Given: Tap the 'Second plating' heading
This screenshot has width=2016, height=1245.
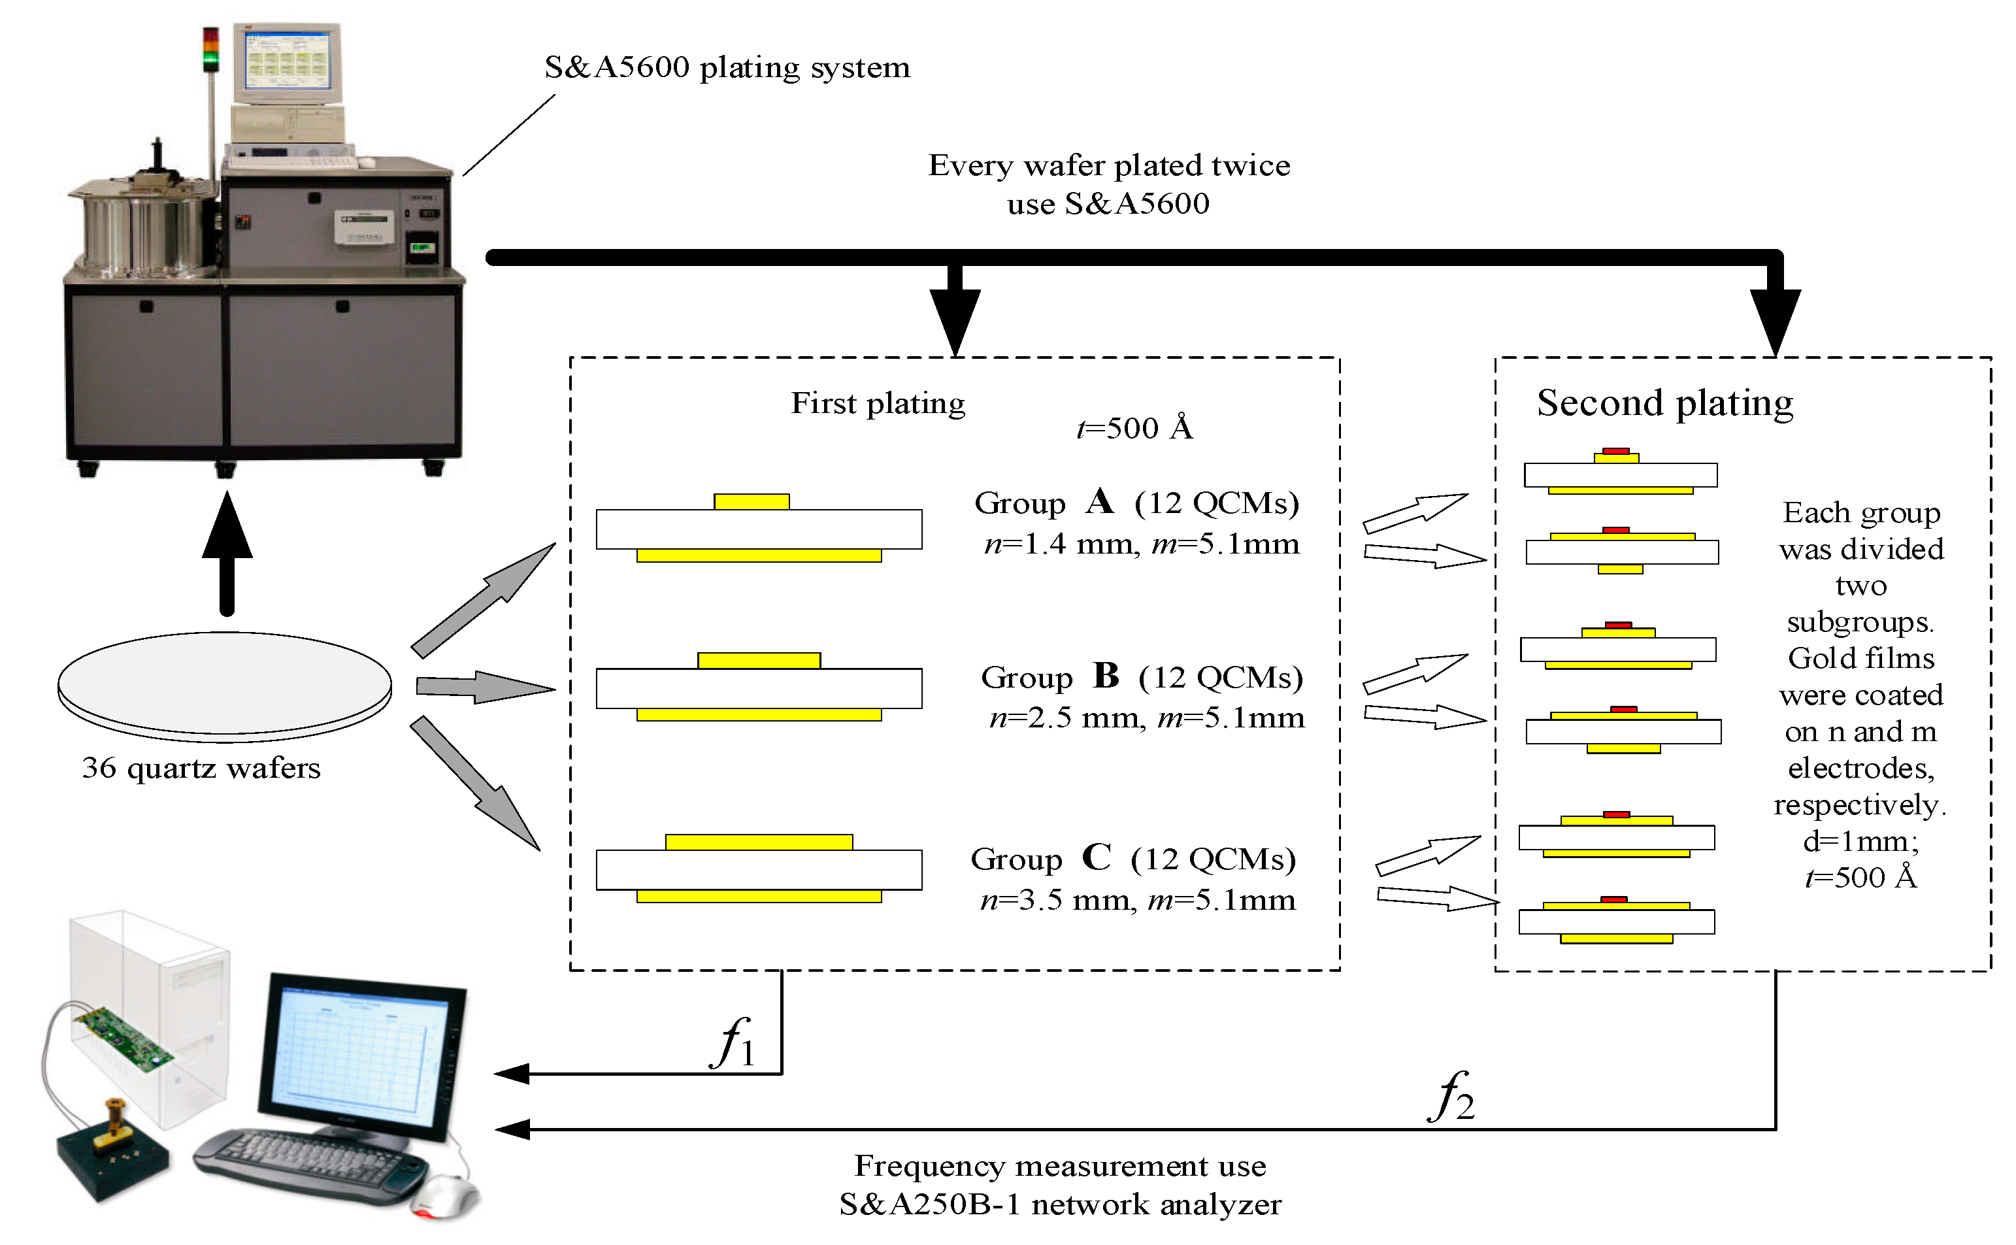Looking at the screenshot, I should point(1664,403).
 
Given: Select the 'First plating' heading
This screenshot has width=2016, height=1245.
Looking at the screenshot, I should point(878,403).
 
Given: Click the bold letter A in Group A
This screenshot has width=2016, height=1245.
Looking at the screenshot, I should point(1100,501).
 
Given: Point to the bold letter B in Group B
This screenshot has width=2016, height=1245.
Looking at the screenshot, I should point(1106,676).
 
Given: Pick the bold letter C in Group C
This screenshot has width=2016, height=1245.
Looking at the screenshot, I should point(1096,857).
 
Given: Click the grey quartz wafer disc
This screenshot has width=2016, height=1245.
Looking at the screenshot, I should point(224,684).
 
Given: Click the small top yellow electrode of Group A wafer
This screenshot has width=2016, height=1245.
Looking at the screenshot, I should point(751,501).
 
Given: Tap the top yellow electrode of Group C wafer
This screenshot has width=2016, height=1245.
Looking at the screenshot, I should point(758,842).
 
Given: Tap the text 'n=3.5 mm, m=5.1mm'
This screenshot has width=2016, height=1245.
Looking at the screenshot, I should point(1137,900).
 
